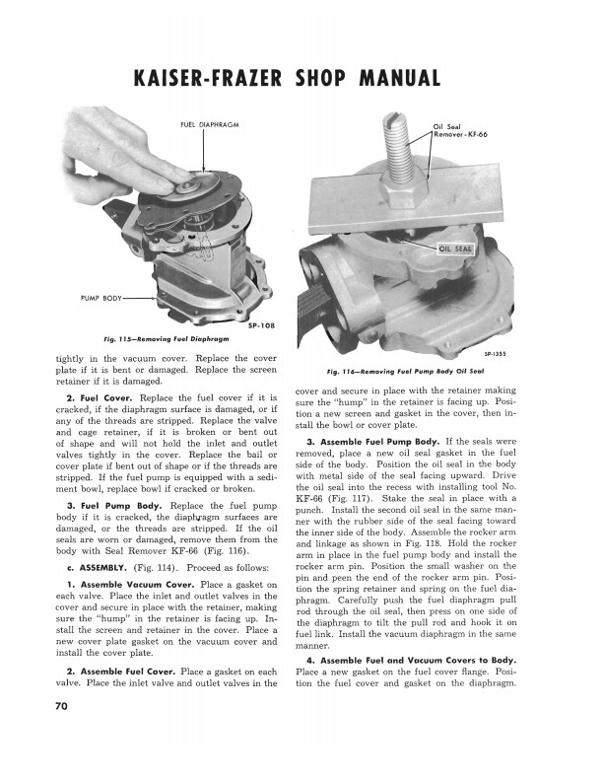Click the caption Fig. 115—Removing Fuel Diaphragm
(167, 338)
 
